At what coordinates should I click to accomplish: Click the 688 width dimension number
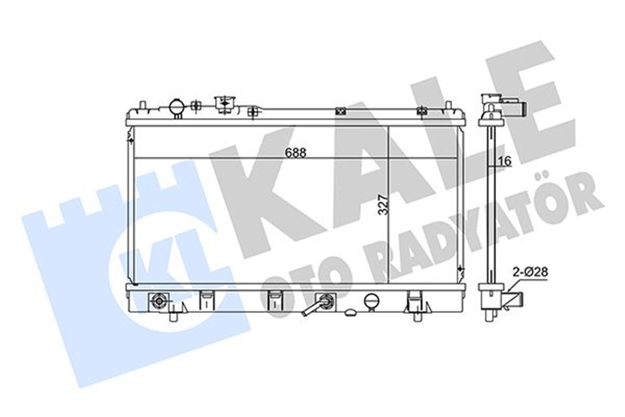tap(295, 153)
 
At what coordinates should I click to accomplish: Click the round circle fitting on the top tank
tap(177, 106)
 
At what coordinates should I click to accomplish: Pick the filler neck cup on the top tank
tap(224, 104)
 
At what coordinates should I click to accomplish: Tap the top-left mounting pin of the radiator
tap(142, 106)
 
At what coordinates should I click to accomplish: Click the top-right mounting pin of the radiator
tap(448, 106)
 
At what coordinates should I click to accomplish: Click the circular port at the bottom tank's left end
tap(159, 301)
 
